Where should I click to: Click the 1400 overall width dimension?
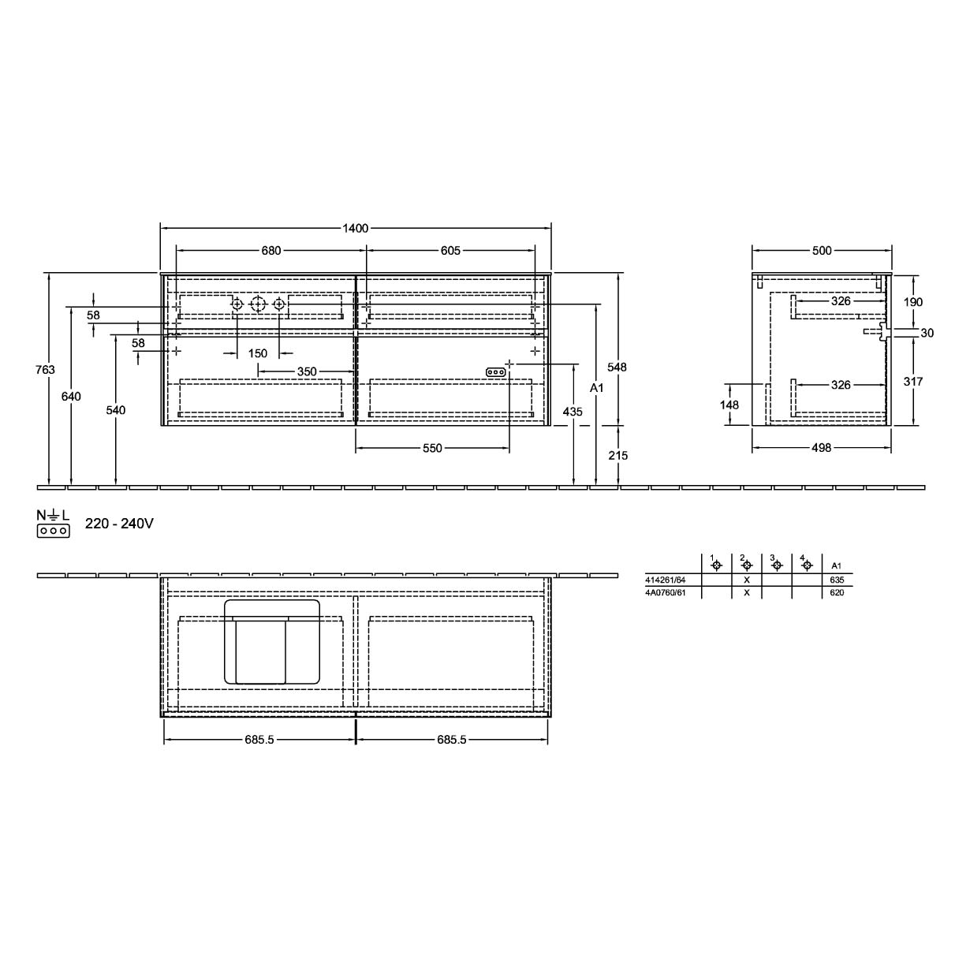pyautogui.click(x=356, y=229)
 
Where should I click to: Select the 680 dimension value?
pyautogui.click(x=270, y=251)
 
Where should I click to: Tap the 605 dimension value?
pyautogui.click(x=450, y=251)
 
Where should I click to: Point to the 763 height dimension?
pyautogui.click(x=45, y=370)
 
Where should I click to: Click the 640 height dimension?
pyautogui.click(x=71, y=397)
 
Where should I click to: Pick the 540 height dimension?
pyautogui.click(x=115, y=410)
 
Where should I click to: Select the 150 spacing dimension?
pyautogui.click(x=258, y=353)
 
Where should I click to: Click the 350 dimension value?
pyautogui.click(x=307, y=371)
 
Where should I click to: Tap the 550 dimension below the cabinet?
pyautogui.click(x=432, y=448)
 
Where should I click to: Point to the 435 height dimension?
pyautogui.click(x=573, y=412)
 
